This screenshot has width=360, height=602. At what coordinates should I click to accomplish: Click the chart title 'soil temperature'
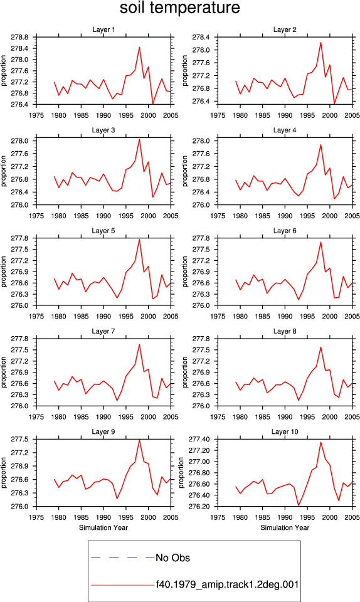click(180, 8)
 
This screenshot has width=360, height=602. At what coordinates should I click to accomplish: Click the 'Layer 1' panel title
click(103, 29)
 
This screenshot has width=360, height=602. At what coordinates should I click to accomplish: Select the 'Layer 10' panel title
click(285, 431)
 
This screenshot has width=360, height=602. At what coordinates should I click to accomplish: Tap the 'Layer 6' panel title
click(285, 230)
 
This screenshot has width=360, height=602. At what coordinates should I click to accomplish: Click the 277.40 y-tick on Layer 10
click(199, 439)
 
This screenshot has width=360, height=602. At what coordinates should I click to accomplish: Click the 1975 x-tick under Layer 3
click(36, 216)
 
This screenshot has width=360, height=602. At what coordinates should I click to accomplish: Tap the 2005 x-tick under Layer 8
click(352, 417)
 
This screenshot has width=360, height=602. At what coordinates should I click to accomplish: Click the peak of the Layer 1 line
click(139, 47)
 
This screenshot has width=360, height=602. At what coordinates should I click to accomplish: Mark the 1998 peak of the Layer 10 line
click(321, 442)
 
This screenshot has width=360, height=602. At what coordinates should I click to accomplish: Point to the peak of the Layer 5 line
click(139, 239)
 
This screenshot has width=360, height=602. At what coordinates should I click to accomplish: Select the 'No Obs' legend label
click(172, 558)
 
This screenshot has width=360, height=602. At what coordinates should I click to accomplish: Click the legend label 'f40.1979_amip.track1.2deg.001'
click(227, 584)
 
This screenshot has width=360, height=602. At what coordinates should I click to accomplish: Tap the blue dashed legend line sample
click(122, 557)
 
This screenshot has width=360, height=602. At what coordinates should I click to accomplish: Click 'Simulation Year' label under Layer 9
click(103, 527)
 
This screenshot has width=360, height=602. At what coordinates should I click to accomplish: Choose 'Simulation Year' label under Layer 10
click(285, 527)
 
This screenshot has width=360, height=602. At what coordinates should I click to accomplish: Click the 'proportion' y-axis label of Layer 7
click(4, 372)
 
